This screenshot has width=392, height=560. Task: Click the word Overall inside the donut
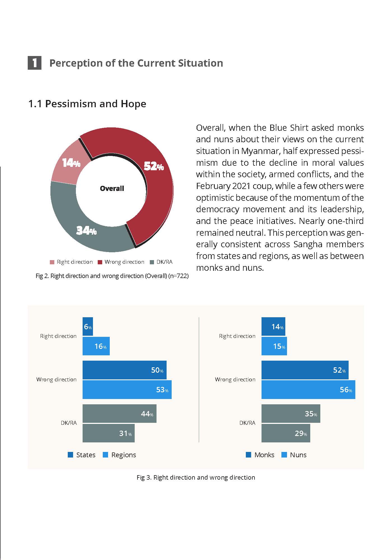(112, 188)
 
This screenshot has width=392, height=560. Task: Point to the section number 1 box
(34, 63)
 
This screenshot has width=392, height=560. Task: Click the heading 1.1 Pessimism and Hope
(87, 104)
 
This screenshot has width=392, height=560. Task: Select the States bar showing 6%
(88, 326)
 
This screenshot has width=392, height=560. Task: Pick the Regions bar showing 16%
(96, 346)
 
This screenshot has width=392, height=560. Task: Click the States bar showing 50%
(125, 370)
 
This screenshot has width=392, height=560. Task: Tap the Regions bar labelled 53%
(127, 389)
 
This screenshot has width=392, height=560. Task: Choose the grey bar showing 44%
(120, 414)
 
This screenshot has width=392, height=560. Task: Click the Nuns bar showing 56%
(308, 389)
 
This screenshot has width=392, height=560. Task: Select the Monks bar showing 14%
(273, 326)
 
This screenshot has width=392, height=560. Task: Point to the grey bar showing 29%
(286, 433)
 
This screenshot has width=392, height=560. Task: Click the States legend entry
(81, 455)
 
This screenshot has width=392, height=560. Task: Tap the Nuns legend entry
(294, 455)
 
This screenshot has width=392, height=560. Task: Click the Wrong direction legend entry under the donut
(121, 262)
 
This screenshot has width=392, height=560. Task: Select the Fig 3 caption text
(196, 477)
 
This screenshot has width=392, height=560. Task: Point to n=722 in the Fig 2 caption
(178, 276)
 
